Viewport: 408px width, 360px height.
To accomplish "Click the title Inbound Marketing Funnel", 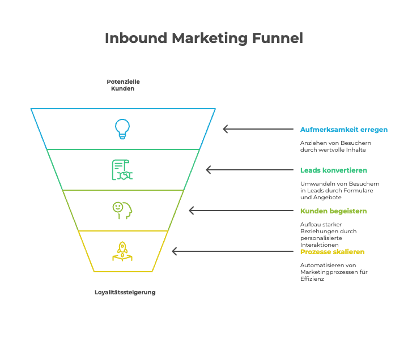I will coord(204,38).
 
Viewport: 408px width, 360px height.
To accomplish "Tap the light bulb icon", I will coord(122,128).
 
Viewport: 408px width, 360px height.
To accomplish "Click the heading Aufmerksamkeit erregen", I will coord(344,130).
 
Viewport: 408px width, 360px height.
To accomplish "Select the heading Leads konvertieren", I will coord(333,170).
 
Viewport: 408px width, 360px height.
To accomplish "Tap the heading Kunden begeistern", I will coord(333,211).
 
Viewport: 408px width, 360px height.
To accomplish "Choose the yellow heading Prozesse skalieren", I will coord(332,251).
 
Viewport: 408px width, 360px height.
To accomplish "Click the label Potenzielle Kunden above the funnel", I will coord(123,85).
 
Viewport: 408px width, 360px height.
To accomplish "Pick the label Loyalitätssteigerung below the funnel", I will coord(125,292).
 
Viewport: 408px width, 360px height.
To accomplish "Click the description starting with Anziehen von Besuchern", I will coord(335,147).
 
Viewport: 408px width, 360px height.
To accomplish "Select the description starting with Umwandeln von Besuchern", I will coord(339,191).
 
